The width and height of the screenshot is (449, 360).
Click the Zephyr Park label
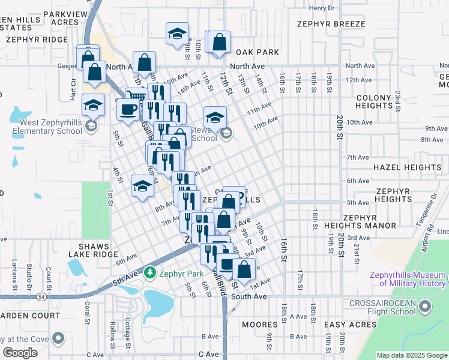point(179,274)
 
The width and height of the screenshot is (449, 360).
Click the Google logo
point(20,352)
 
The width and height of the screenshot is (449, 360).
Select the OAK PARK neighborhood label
point(258,52)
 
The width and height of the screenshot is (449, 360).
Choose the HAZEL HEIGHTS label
point(407,167)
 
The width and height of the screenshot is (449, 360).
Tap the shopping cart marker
point(137,96)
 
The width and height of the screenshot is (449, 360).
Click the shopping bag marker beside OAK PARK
point(219,43)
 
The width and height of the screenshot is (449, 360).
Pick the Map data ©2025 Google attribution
point(412,355)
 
